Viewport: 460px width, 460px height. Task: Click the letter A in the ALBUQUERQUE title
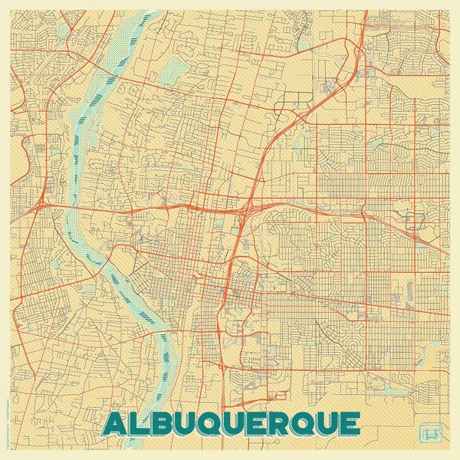[x=114, y=424]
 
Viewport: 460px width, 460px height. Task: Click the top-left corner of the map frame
[x=11, y=11]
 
